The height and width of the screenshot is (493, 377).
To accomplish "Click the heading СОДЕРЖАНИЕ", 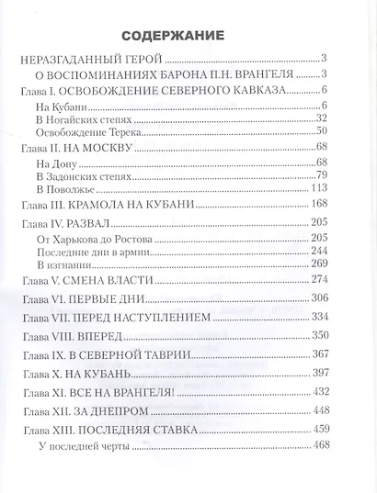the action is point(188,36).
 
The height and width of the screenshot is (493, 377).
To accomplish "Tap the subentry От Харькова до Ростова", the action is point(107,239).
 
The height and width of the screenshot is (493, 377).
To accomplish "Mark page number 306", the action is point(345,298).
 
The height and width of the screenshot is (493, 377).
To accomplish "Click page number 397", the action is point(345,374).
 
